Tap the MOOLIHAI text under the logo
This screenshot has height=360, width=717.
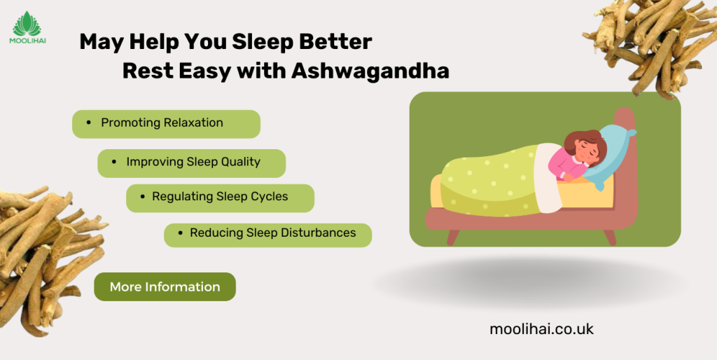[27, 41]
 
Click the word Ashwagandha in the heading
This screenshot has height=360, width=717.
[370, 71]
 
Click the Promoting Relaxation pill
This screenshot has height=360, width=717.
[166, 124]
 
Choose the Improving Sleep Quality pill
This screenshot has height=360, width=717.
[192, 163]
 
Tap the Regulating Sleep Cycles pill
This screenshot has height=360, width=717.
[220, 198]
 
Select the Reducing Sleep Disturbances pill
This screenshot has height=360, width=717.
[267, 235]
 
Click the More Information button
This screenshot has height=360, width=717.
[165, 287]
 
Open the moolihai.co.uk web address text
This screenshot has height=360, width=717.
[541, 329]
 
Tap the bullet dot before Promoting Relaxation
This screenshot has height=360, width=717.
[88, 123]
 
